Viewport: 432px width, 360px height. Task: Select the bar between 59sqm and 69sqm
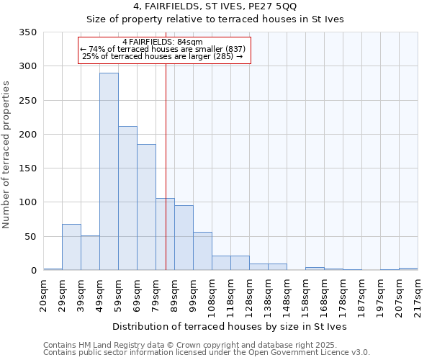pos(127,198)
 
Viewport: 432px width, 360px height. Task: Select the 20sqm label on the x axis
pos(43,295)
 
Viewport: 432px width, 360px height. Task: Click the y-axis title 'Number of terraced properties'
pos(6,155)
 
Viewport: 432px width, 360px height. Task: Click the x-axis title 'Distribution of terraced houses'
pos(230,327)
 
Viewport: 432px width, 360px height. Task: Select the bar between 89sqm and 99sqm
pos(184,238)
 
